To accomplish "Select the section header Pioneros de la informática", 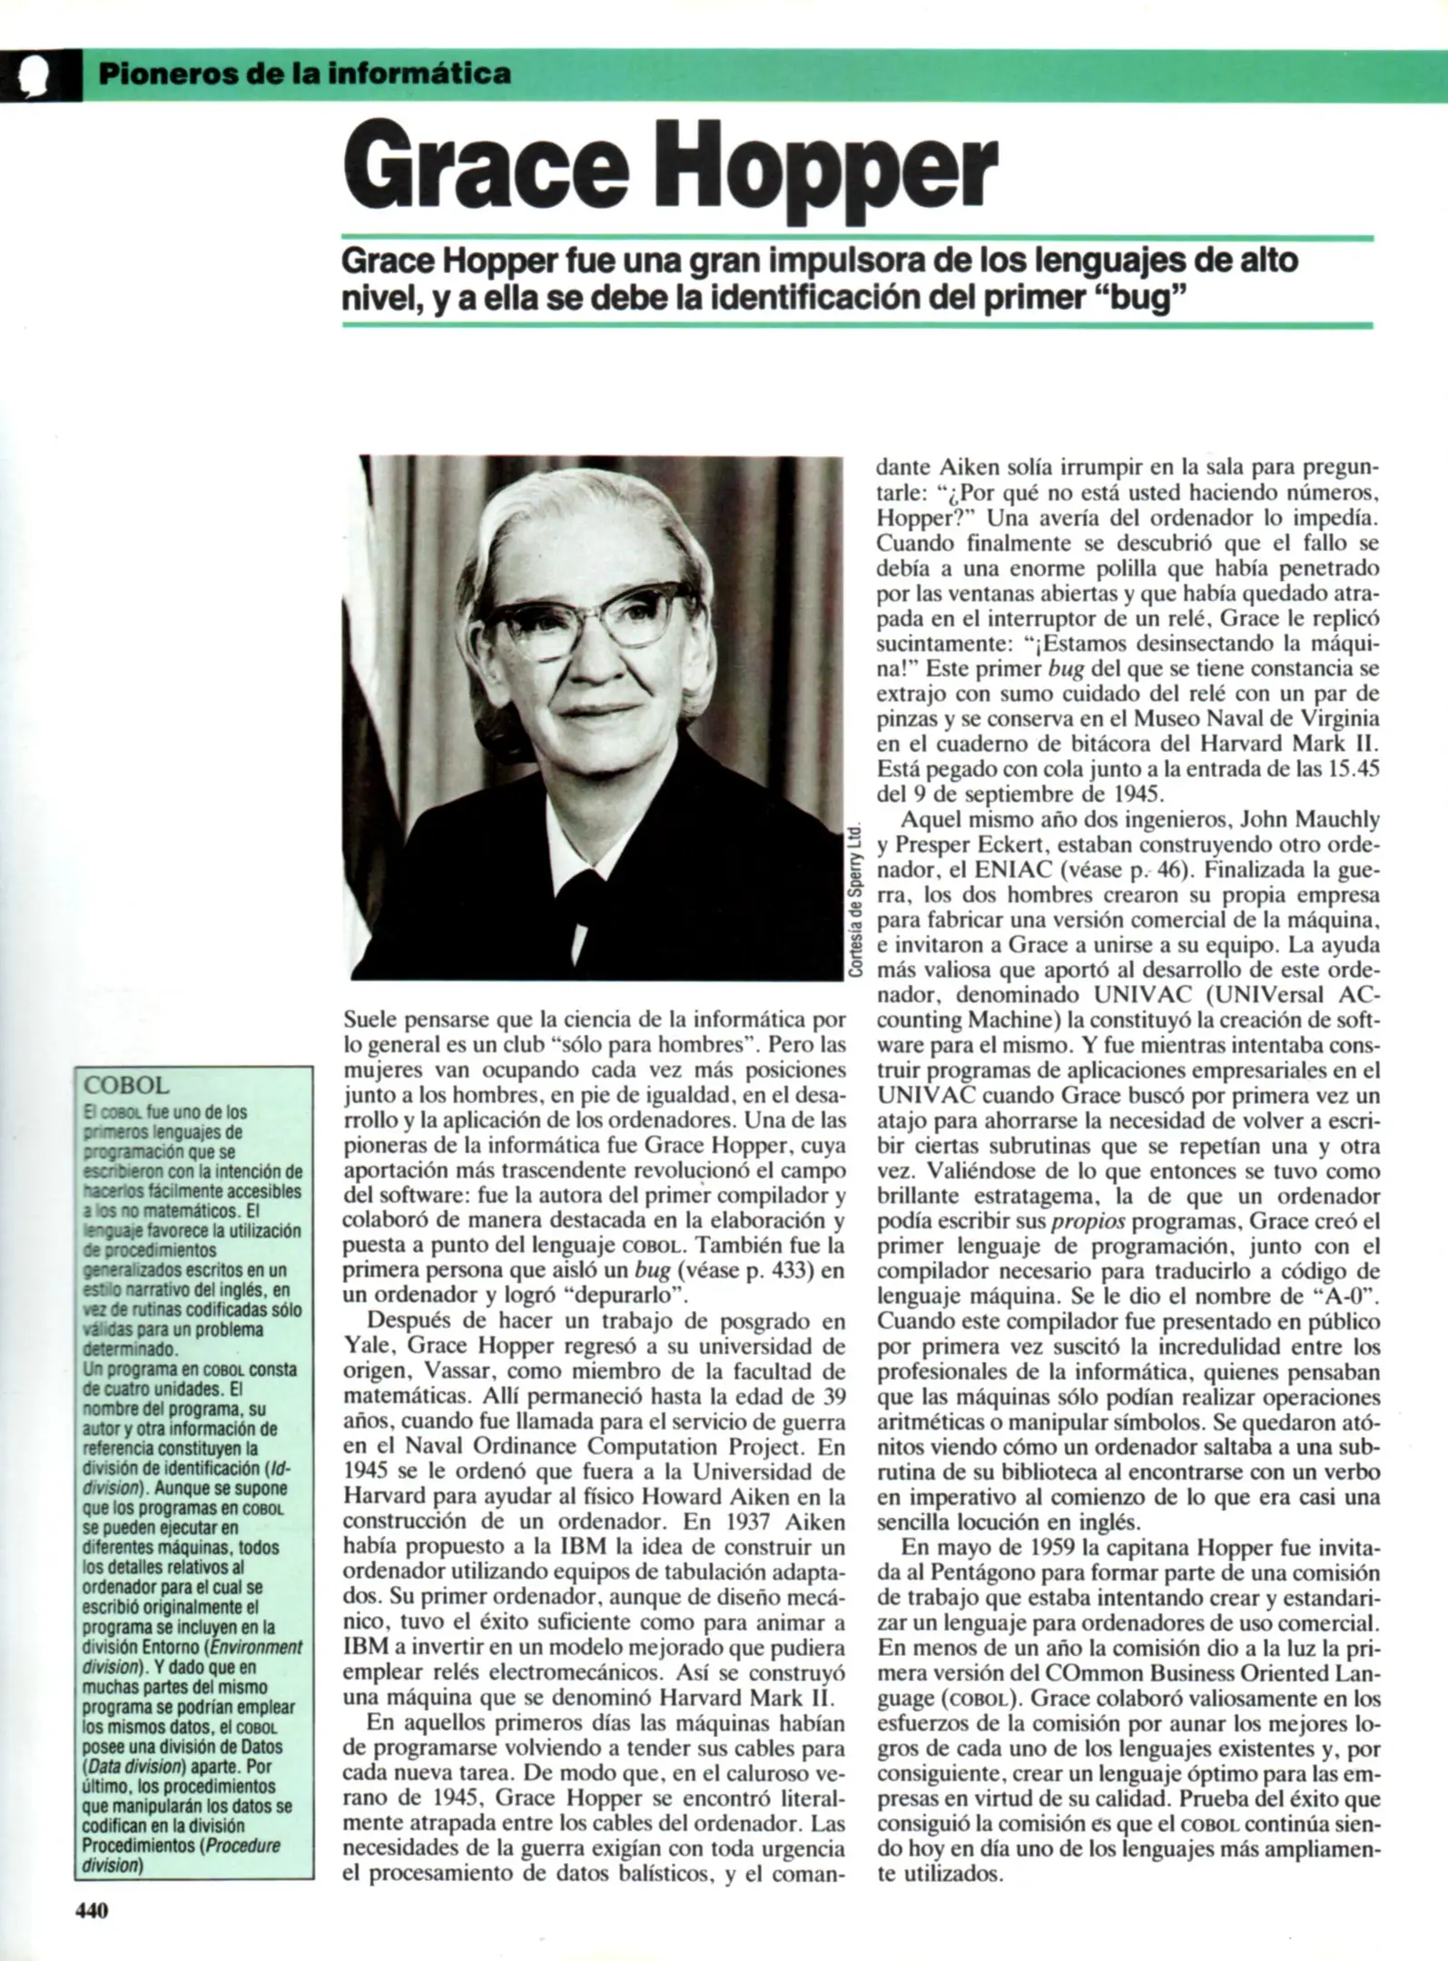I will tap(303, 73).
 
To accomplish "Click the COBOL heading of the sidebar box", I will tap(126, 1086).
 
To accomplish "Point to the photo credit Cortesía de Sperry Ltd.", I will tap(856, 901).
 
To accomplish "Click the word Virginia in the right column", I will tap(1335, 718).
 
